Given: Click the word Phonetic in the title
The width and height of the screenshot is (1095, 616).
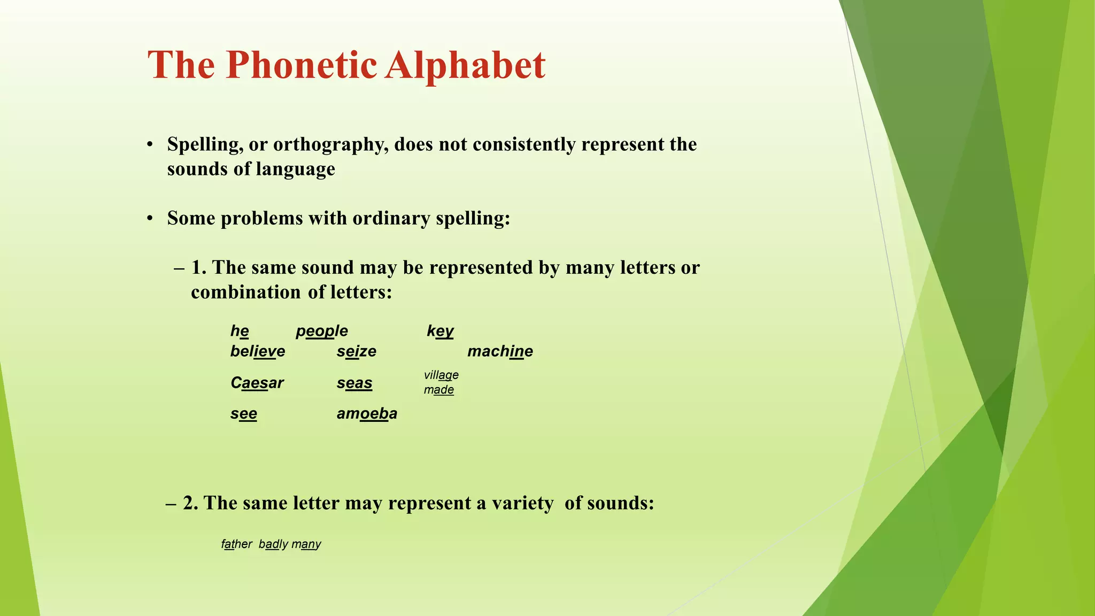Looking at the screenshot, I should point(301,65).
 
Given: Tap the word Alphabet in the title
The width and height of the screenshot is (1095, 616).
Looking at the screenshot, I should point(465,65).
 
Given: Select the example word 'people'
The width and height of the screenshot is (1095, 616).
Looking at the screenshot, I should point(322,331).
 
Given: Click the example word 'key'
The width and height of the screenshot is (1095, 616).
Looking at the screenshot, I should point(440,331).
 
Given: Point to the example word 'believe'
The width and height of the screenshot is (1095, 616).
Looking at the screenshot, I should point(258,351).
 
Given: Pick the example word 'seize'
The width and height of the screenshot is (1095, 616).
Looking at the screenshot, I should point(357,351).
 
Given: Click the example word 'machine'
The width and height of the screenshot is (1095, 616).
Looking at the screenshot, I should point(500,351).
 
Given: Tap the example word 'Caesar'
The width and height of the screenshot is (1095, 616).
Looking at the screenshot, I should point(257,383).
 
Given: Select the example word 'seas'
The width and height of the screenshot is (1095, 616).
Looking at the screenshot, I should point(354,383).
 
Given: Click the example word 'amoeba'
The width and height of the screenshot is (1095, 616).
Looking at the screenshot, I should point(367,413).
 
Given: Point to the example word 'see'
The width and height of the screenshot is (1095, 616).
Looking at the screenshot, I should point(244,413).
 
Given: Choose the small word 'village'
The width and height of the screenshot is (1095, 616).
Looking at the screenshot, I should point(441,375).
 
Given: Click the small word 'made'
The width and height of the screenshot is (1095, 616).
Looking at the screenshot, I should point(439,390).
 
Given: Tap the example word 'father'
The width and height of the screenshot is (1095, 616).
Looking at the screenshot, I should point(236,544).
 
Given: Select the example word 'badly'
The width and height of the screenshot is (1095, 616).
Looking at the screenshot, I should point(273,544).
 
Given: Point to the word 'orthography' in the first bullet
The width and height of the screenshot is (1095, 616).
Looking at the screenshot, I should point(331,145).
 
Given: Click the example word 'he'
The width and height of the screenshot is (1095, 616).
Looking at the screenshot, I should point(240,331).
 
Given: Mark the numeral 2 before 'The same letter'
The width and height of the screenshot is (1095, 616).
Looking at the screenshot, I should point(188,503).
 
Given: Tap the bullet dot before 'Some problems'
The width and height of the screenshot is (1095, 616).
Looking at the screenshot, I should point(151,219).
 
